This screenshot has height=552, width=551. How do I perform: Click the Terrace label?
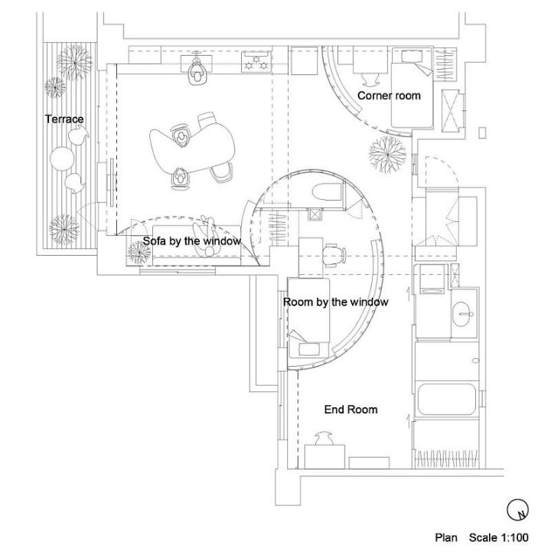[64, 119]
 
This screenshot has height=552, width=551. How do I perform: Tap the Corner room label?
[389, 96]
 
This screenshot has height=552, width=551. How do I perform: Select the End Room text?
[350, 410]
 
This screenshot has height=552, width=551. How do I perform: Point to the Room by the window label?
[336, 302]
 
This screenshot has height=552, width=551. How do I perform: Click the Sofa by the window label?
[192, 241]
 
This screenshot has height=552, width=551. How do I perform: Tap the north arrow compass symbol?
[518, 509]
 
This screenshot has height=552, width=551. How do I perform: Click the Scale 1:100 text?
[498, 537]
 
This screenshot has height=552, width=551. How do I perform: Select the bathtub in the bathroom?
[446, 399]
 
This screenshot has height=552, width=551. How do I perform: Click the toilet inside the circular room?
[328, 192]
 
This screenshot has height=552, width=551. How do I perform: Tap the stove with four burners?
[256, 61]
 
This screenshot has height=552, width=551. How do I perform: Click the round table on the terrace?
[62, 158]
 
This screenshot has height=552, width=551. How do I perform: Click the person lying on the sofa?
[207, 237]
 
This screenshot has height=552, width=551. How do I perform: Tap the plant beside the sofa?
[139, 253]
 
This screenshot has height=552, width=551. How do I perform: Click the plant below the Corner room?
[387, 154]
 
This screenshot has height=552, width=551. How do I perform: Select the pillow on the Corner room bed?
[412, 56]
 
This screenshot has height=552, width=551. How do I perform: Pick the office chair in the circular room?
[334, 254]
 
